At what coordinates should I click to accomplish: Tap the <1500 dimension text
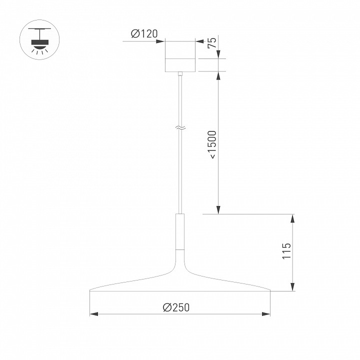tap(212, 144)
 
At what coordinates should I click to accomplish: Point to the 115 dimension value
tap(286, 251)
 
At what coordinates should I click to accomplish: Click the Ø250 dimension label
tap(176, 308)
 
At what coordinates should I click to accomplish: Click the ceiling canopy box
tap(180, 56)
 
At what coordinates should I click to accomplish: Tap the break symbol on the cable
tap(180, 128)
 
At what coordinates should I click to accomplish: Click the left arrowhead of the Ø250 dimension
tap(92, 314)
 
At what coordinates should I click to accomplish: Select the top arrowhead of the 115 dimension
tap(292, 217)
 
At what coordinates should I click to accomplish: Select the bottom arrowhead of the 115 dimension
tap(292, 287)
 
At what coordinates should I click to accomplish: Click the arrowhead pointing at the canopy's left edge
tap(162, 41)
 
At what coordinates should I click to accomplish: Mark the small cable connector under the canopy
tap(180, 74)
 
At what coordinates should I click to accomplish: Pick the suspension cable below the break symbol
tap(180, 170)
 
